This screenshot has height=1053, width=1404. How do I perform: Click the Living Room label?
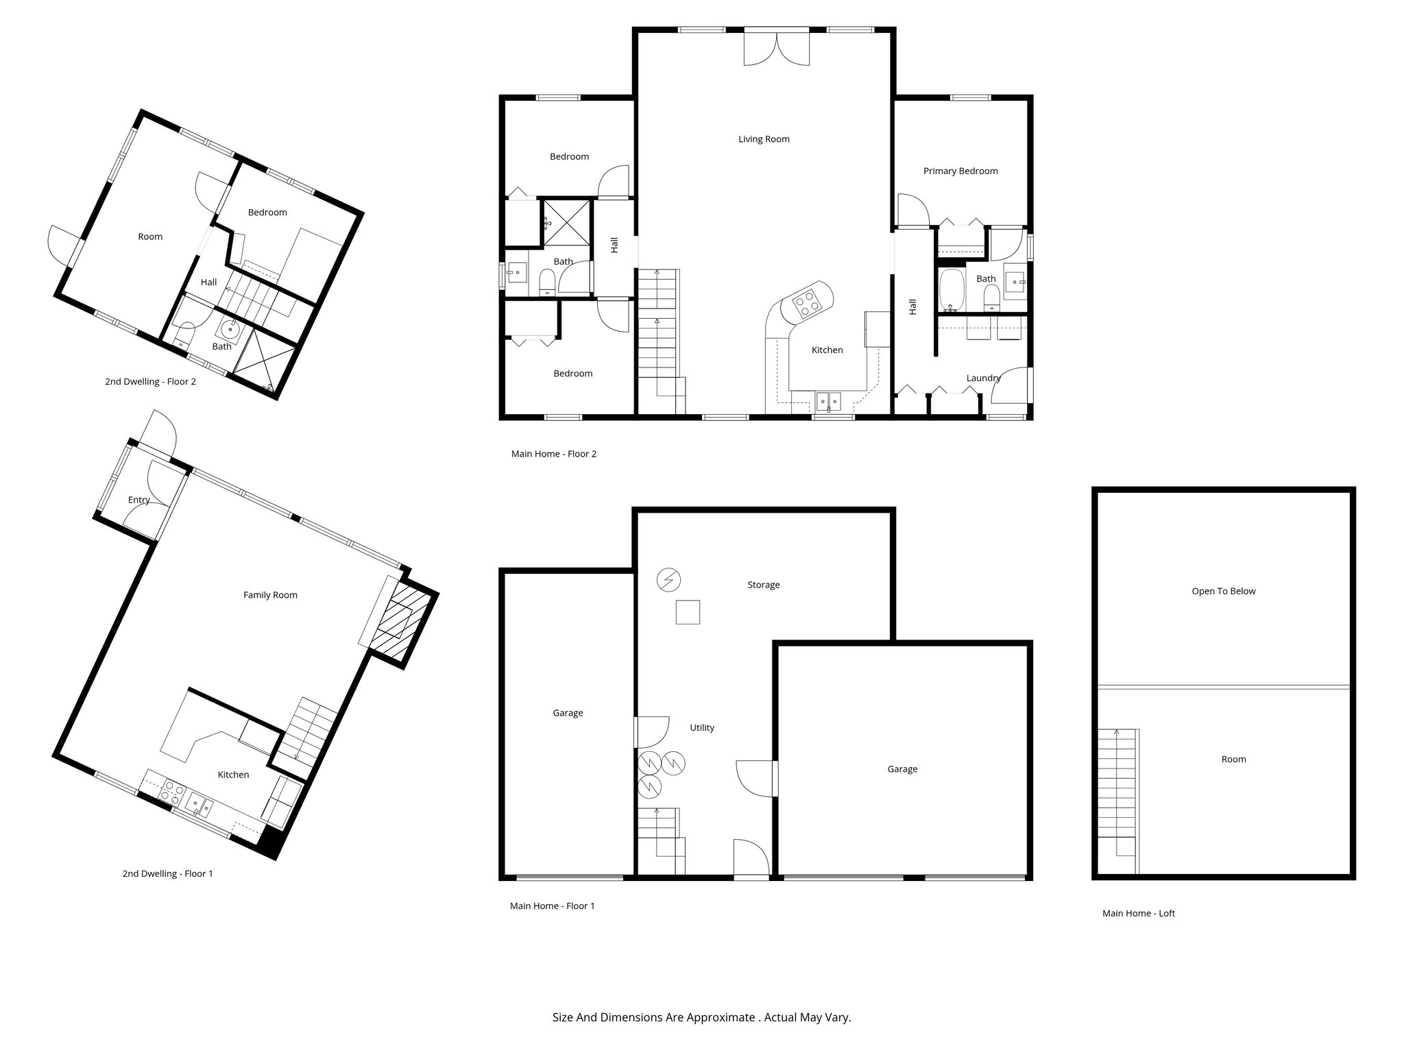764,139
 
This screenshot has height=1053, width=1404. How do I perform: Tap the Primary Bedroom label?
960,171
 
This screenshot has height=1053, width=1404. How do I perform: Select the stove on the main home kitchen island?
806,304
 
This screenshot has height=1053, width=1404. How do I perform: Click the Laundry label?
983,378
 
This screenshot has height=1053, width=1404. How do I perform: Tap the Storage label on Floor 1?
763,585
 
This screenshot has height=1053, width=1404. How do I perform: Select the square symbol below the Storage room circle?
688,612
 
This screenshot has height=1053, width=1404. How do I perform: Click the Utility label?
702,728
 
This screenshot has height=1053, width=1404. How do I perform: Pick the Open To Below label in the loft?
1223,591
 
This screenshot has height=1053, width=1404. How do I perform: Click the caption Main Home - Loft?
1138,913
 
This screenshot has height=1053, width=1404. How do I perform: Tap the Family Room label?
270,595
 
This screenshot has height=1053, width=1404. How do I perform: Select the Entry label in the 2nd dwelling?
138,500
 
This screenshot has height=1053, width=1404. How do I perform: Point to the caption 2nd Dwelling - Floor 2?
150,382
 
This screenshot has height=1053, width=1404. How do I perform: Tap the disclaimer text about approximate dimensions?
701,1017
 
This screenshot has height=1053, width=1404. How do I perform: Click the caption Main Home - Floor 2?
553,454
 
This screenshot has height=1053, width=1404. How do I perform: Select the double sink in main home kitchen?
829,400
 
